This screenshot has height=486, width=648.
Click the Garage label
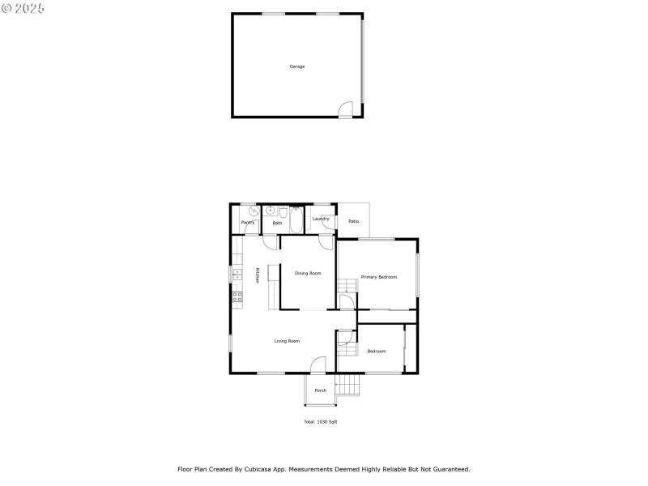[297, 66]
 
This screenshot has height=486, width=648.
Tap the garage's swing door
[346, 109]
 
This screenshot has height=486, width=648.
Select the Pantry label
[248, 222]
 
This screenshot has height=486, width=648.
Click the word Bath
[277, 223]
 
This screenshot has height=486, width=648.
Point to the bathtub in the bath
[295, 221]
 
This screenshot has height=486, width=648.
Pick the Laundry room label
[321, 219]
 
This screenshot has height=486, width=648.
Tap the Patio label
[353, 221]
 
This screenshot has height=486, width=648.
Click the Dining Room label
[308, 273]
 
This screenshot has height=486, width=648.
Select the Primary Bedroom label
[379, 277]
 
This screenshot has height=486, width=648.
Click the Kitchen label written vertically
[258, 275]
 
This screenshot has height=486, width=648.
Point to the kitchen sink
[237, 274]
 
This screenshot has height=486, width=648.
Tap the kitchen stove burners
[237, 297]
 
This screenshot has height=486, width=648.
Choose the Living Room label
[287, 341]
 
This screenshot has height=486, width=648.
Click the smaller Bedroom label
[377, 351]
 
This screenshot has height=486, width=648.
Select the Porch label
[321, 390]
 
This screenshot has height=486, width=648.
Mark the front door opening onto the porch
[320, 365]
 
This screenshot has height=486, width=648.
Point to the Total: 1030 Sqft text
[321, 422]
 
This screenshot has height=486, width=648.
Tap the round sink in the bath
[270, 211]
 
